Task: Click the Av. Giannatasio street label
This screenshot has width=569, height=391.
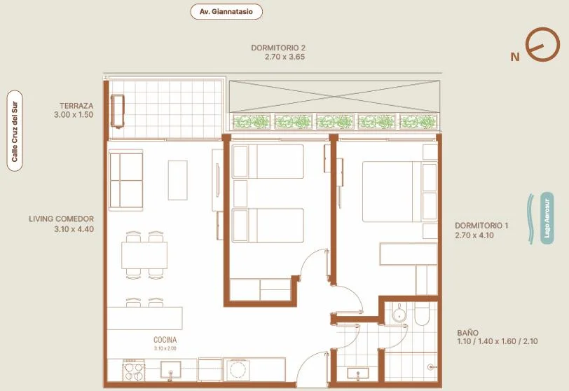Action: [x=226, y=12]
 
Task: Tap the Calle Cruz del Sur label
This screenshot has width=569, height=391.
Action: [x=15, y=130]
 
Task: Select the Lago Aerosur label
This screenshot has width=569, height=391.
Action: [x=547, y=219]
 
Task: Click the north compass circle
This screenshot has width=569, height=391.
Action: [x=543, y=44]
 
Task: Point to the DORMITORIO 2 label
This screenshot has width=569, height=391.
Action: [x=278, y=48]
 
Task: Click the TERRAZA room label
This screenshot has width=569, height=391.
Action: [x=76, y=106]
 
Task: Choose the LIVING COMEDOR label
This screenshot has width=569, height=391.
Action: [x=62, y=219]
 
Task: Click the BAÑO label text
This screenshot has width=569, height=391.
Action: [x=468, y=333]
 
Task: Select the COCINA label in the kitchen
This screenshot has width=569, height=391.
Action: [x=165, y=340]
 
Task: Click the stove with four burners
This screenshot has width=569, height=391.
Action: [x=134, y=370]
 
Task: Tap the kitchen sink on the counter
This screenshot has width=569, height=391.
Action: [x=170, y=369]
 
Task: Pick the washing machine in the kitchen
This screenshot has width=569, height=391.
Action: [x=236, y=370]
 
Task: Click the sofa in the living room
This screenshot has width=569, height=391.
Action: [x=125, y=180]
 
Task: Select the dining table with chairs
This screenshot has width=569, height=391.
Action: [x=144, y=255]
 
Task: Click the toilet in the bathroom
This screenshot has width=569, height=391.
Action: [x=422, y=314]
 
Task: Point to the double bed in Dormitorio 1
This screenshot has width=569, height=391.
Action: [x=399, y=191]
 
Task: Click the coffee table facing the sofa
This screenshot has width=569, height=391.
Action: [x=178, y=180]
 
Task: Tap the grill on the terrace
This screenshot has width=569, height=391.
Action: [x=118, y=111]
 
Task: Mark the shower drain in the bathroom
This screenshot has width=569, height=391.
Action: [x=430, y=367]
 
